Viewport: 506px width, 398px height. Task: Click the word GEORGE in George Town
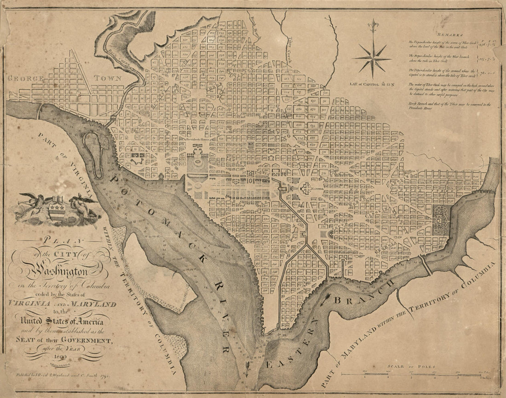click(26, 78)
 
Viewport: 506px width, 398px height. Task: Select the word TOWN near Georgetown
click(109, 78)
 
